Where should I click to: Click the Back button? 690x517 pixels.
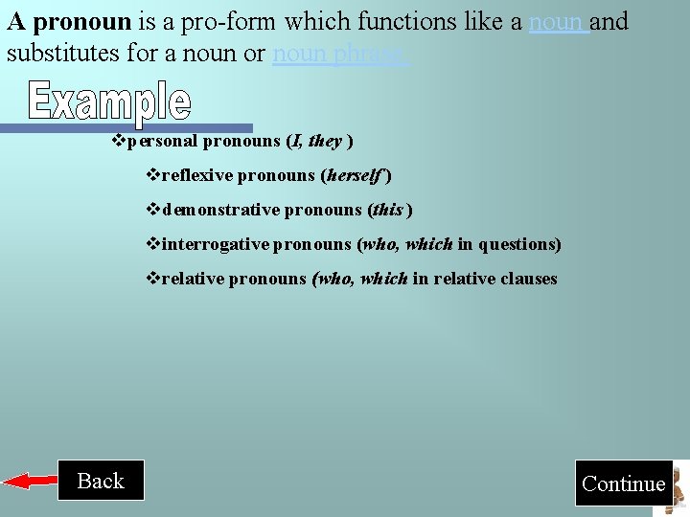[101, 481]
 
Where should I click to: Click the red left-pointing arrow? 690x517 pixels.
[29, 481]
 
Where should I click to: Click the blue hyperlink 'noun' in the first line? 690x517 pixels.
[557, 21]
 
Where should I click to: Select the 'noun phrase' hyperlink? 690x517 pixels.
[339, 53]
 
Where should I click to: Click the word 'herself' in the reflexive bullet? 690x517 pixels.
[356, 175]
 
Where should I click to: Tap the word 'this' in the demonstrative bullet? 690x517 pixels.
[389, 210]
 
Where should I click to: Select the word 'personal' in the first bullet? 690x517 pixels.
[162, 141]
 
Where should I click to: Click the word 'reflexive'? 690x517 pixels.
[197, 175]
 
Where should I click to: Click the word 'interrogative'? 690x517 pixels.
[216, 244]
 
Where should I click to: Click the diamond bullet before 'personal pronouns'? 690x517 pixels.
[119, 141]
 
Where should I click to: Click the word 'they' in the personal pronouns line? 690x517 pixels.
[325, 141]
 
